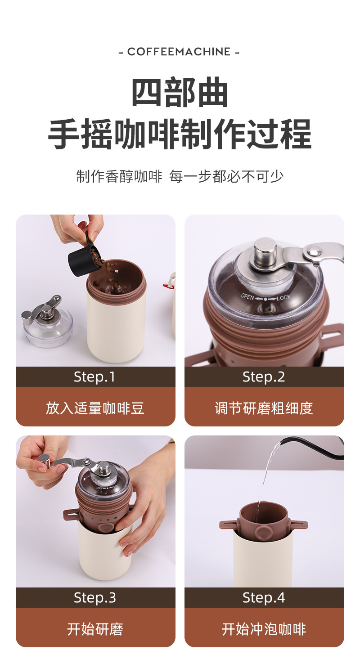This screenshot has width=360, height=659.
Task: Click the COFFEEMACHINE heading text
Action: click(179, 52)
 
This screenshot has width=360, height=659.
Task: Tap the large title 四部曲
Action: click(180, 92)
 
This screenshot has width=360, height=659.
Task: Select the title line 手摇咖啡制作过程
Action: click(180, 134)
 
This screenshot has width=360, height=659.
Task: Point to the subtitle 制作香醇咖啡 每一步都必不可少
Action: click(180, 176)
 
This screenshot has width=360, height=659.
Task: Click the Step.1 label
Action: click(94, 377)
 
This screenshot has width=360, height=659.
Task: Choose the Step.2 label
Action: click(264, 377)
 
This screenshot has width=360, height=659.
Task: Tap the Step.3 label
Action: click(95, 598)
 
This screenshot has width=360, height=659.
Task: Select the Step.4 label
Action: click(264, 598)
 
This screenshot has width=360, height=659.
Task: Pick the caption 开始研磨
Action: click(95, 629)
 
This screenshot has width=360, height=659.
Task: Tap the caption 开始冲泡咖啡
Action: click(264, 629)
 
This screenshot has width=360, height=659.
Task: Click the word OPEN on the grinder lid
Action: click(247, 296)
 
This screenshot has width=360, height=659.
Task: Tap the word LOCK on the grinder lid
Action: click(283, 298)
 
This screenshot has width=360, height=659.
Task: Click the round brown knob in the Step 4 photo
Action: click(262, 531)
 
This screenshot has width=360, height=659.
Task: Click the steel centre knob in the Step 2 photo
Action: click(265, 250)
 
